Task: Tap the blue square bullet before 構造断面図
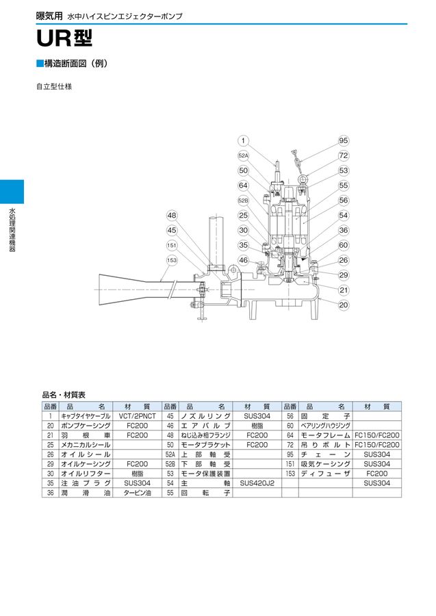tap(39, 64)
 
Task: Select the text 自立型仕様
tap(54, 87)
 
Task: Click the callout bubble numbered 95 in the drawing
tap(343, 141)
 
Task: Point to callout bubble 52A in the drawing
tap(243, 156)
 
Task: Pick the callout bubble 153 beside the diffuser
tap(172, 260)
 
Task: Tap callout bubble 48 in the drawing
tap(172, 216)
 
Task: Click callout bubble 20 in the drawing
tap(343, 305)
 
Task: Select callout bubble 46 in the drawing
tap(243, 260)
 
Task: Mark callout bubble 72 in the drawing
tap(343, 156)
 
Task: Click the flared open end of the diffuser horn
tap(102, 288)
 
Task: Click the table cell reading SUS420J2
tap(257, 483)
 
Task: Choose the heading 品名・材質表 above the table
tap(64, 395)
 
